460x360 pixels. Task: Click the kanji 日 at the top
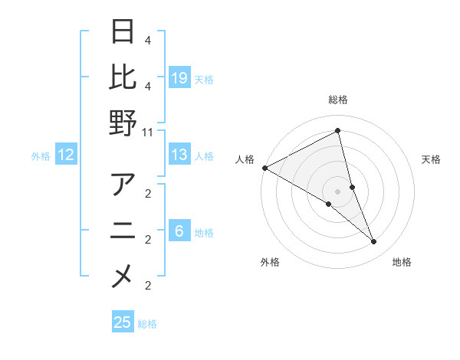point(123,32)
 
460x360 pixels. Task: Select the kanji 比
point(123,77)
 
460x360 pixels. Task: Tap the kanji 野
point(123,123)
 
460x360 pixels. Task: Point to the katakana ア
point(123,185)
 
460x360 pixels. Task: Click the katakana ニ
point(123,231)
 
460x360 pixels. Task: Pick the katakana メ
point(123,277)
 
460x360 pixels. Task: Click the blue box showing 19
point(179,77)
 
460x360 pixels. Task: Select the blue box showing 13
point(179,155)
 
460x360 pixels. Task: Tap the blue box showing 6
point(179,232)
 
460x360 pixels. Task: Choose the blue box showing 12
point(66,155)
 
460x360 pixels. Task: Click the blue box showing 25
point(123,322)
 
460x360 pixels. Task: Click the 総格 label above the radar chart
point(337,100)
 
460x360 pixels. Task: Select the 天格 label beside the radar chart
point(431,159)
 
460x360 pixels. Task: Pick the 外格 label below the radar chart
point(270,262)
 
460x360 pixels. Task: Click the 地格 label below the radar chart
point(402,262)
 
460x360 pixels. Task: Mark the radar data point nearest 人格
point(264,168)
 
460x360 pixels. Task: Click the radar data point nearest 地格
point(374,242)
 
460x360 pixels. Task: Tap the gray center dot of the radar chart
point(337,191)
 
